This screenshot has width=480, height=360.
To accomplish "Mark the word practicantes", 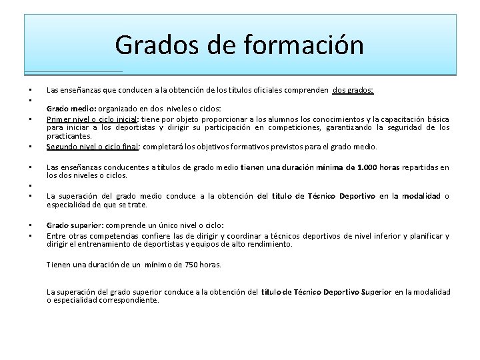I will [x=68, y=136].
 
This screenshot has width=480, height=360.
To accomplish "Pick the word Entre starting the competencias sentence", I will [x=57, y=236].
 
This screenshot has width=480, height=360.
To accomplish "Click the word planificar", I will [x=427, y=236].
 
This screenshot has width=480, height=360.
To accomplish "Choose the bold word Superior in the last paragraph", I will [x=376, y=292].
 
